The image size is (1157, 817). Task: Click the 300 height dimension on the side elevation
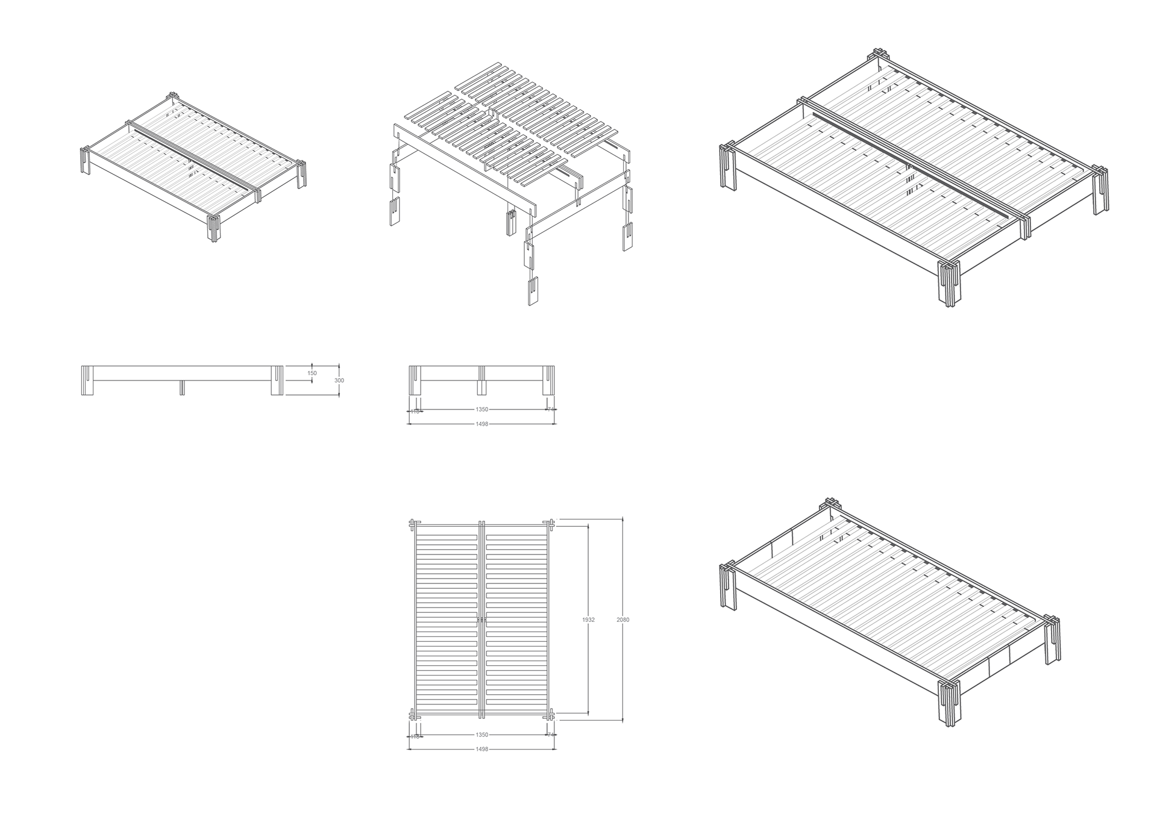point(339,381)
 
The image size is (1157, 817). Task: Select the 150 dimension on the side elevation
point(312,373)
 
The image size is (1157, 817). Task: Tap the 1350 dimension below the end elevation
point(481,409)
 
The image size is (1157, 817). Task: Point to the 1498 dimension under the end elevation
point(481,424)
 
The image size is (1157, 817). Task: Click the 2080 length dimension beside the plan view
point(623,620)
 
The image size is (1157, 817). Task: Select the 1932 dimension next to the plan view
point(588,620)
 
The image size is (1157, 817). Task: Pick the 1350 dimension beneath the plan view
point(481,735)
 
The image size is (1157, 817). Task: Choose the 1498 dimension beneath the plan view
point(481,749)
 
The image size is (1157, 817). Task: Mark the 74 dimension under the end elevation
point(550,409)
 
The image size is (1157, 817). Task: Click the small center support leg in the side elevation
point(182,388)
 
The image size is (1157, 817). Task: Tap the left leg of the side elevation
point(87,381)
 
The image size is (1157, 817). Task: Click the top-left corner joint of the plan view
point(413,524)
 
